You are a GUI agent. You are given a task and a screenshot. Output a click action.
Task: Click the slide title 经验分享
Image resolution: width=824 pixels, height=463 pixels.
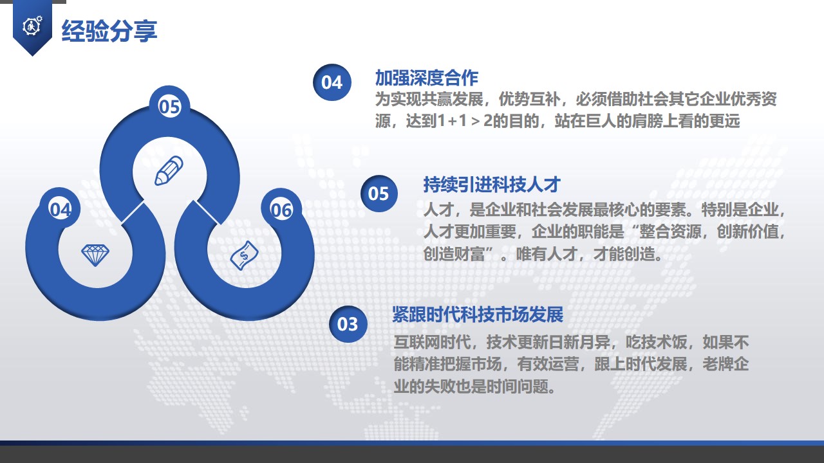click(109, 31)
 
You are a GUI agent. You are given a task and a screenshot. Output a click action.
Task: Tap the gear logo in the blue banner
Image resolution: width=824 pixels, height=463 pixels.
click(32, 26)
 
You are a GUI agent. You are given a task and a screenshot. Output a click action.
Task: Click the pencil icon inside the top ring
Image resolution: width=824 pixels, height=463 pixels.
click(169, 170)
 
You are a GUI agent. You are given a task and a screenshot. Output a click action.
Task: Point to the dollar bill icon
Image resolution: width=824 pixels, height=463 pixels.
click(244, 255)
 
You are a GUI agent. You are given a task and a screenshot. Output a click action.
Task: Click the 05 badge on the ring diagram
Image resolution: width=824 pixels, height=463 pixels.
click(169, 107)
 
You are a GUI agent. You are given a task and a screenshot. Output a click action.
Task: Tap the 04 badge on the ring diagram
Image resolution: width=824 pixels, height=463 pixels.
click(61, 209)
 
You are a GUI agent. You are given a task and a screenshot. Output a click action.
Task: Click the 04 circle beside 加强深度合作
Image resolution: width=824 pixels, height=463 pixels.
click(332, 82)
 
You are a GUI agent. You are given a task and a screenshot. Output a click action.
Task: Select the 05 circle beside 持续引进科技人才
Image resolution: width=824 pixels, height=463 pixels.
click(379, 194)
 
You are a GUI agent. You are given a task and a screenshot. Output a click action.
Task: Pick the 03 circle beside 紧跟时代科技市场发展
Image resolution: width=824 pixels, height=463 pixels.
click(348, 324)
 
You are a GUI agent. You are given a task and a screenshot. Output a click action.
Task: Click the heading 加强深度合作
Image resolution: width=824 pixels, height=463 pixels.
click(427, 78)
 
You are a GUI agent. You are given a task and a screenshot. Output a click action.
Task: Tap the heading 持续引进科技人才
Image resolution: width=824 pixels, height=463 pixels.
click(492, 184)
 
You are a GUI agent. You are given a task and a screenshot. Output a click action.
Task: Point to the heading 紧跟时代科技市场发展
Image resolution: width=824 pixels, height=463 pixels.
click(478, 314)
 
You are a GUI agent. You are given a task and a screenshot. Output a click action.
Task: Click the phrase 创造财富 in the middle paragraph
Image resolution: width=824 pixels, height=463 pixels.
click(454, 254)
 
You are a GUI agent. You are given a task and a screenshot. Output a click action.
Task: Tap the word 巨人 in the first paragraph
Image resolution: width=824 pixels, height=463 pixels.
click(601, 121)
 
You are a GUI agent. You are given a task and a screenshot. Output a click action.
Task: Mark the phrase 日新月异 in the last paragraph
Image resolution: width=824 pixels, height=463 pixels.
click(579, 342)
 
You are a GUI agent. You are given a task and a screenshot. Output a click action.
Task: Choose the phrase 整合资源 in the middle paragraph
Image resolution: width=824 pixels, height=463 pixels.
click(670, 232)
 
